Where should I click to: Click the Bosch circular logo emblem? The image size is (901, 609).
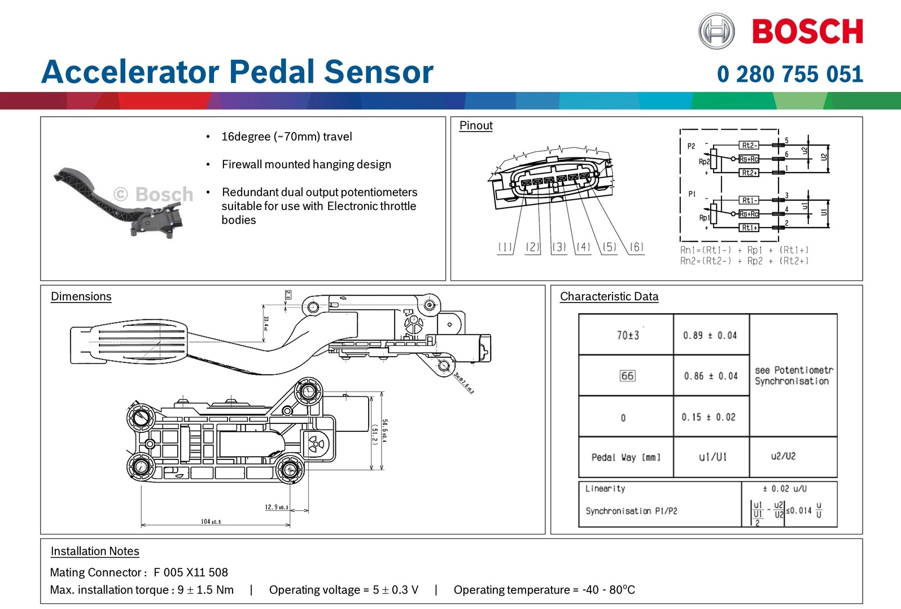(716, 31)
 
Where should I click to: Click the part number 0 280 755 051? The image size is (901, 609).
(790, 75)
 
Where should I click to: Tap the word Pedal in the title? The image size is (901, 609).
(272, 72)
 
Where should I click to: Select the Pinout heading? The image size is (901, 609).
(476, 125)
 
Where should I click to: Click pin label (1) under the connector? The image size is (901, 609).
(505, 247)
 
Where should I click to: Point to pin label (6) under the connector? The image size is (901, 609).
(636, 247)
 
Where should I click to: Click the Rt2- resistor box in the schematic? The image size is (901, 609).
(749, 146)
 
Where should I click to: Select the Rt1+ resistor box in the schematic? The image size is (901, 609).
(749, 227)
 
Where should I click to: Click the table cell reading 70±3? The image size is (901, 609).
(627, 335)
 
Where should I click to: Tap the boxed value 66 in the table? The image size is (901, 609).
(627, 376)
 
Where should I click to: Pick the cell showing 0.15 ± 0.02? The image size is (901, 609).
(708, 417)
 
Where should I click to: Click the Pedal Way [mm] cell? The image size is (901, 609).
(626, 457)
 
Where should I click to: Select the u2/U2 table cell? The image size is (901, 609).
(783, 456)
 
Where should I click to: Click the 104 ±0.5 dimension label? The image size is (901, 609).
(211, 522)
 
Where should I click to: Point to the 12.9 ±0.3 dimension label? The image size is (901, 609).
(277, 507)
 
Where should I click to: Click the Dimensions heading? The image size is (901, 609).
(81, 296)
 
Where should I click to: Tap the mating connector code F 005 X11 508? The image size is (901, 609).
(191, 572)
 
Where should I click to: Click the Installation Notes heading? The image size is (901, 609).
(95, 551)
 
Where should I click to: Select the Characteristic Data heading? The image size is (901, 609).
(609, 296)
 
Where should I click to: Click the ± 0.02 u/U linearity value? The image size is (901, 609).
(785, 489)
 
